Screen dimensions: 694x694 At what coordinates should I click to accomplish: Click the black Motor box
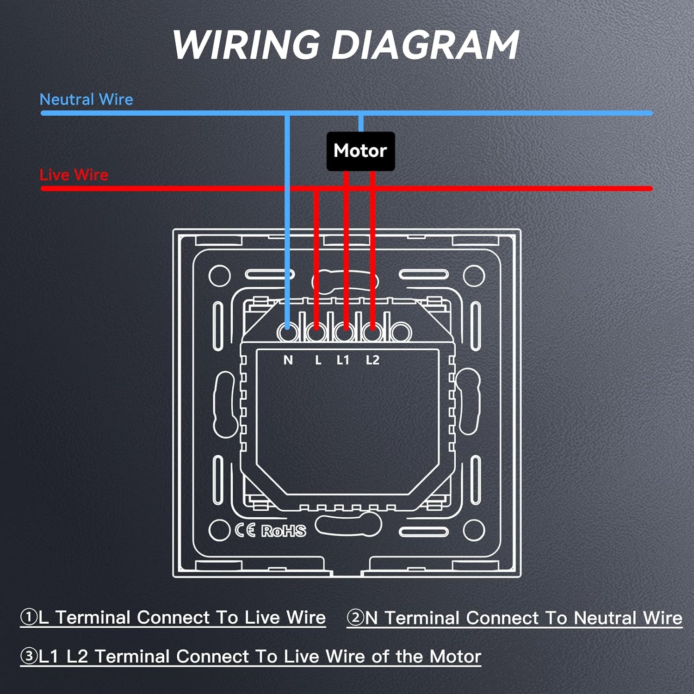361,151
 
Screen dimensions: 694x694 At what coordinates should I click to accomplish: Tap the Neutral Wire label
87,99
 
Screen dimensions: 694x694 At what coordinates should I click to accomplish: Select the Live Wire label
74,175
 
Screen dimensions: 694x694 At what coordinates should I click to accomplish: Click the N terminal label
288,360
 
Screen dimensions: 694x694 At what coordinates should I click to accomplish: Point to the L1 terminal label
343,360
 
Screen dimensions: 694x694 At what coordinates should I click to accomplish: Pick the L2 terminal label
372,360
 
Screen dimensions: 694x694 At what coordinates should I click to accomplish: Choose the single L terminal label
318,360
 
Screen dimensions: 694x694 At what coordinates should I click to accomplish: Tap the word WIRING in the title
246,45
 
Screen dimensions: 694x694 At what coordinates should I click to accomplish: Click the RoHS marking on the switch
284,531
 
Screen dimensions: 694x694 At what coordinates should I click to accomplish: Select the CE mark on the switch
245,530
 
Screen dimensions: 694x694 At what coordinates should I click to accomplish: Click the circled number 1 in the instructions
29,617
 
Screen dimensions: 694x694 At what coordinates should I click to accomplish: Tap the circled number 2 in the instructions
355,618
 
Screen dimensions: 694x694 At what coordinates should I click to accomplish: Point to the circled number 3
29,656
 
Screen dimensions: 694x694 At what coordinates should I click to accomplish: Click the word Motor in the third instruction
455,657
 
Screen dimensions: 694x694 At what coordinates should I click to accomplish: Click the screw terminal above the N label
288,332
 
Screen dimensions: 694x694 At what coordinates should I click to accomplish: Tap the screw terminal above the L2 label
372,332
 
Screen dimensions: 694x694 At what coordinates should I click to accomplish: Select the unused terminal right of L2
401,332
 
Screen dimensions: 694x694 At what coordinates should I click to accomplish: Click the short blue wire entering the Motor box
361,124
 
